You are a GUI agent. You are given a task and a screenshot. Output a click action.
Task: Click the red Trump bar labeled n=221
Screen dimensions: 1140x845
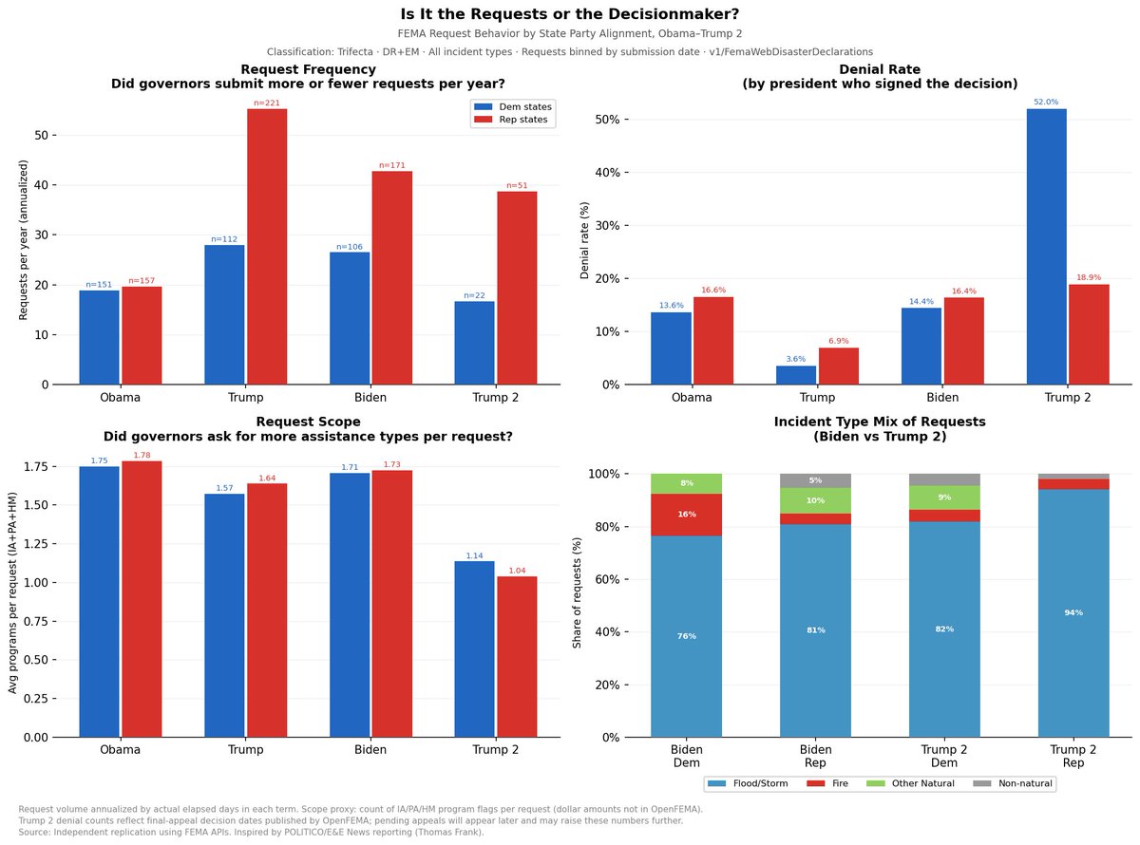pyautogui.click(x=267, y=247)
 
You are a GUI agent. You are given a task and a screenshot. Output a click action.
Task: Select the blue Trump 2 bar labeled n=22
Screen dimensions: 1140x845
pyautogui.click(x=474, y=343)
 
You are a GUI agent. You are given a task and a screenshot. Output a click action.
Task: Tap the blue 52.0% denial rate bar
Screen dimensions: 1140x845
pyautogui.click(x=1047, y=247)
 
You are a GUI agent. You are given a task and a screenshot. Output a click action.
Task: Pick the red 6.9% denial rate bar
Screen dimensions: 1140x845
pyautogui.click(x=838, y=366)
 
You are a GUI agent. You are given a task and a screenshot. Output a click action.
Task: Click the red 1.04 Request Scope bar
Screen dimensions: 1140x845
pyautogui.click(x=517, y=656)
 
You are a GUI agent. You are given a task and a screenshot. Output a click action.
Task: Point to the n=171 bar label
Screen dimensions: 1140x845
pyautogui.click(x=392, y=165)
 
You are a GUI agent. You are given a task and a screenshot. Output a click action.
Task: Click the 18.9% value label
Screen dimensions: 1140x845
pyautogui.click(x=1089, y=277)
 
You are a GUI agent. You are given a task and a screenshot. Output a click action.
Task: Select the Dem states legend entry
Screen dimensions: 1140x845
pyautogui.click(x=512, y=107)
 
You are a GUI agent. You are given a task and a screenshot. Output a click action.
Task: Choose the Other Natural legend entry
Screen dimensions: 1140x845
pyautogui.click(x=910, y=783)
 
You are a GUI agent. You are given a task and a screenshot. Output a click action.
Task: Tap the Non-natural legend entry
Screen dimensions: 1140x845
pyautogui.click(x=1013, y=783)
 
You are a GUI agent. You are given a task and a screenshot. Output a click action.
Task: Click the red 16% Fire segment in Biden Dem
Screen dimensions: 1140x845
pyautogui.click(x=686, y=515)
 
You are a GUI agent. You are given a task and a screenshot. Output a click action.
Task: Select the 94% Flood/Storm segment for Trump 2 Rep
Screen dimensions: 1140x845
pyautogui.click(x=1073, y=613)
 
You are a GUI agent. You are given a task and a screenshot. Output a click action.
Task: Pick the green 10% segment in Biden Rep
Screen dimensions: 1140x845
pyautogui.click(x=815, y=500)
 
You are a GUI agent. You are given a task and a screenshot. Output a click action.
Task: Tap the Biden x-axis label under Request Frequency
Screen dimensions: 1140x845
pyautogui.click(x=370, y=398)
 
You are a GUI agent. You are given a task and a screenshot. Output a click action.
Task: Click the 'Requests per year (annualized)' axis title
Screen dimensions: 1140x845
pyautogui.click(x=23, y=240)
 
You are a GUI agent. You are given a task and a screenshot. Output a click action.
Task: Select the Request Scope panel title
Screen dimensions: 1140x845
pyautogui.click(x=308, y=429)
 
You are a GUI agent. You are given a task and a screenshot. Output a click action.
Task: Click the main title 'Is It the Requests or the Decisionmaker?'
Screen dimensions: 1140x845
pyautogui.click(x=569, y=14)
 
